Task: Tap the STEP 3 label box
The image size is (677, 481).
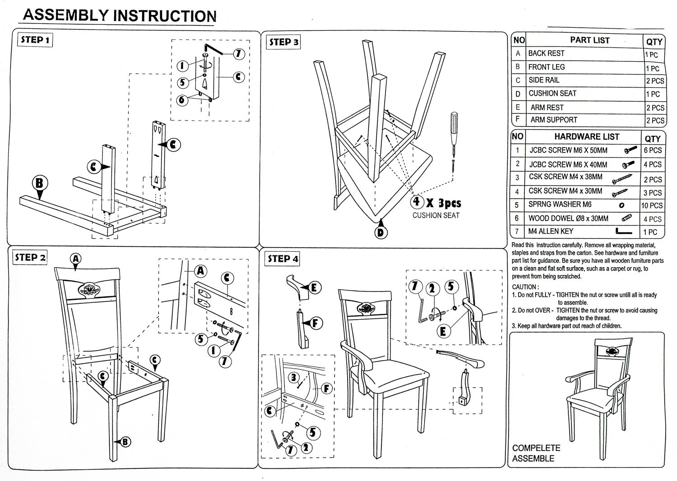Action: [283, 42]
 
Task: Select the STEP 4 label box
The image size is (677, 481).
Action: [283, 259]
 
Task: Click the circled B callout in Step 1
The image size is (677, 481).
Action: [40, 183]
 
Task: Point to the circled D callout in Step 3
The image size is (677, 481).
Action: [381, 232]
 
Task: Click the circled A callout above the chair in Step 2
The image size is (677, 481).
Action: [76, 259]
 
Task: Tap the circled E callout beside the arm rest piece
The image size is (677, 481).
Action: [314, 287]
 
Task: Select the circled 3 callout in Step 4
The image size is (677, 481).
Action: [294, 377]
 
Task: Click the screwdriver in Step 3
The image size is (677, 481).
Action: [453, 135]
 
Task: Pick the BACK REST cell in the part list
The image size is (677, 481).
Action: [546, 53]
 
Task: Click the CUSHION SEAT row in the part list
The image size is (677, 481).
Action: [552, 93]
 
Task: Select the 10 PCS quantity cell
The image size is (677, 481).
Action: [652, 205]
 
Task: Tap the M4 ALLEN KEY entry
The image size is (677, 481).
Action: [551, 231]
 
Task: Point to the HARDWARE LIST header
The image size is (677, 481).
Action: [586, 136]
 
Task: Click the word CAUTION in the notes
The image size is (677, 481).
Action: [525, 287]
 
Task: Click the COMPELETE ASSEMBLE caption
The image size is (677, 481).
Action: [536, 453]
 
